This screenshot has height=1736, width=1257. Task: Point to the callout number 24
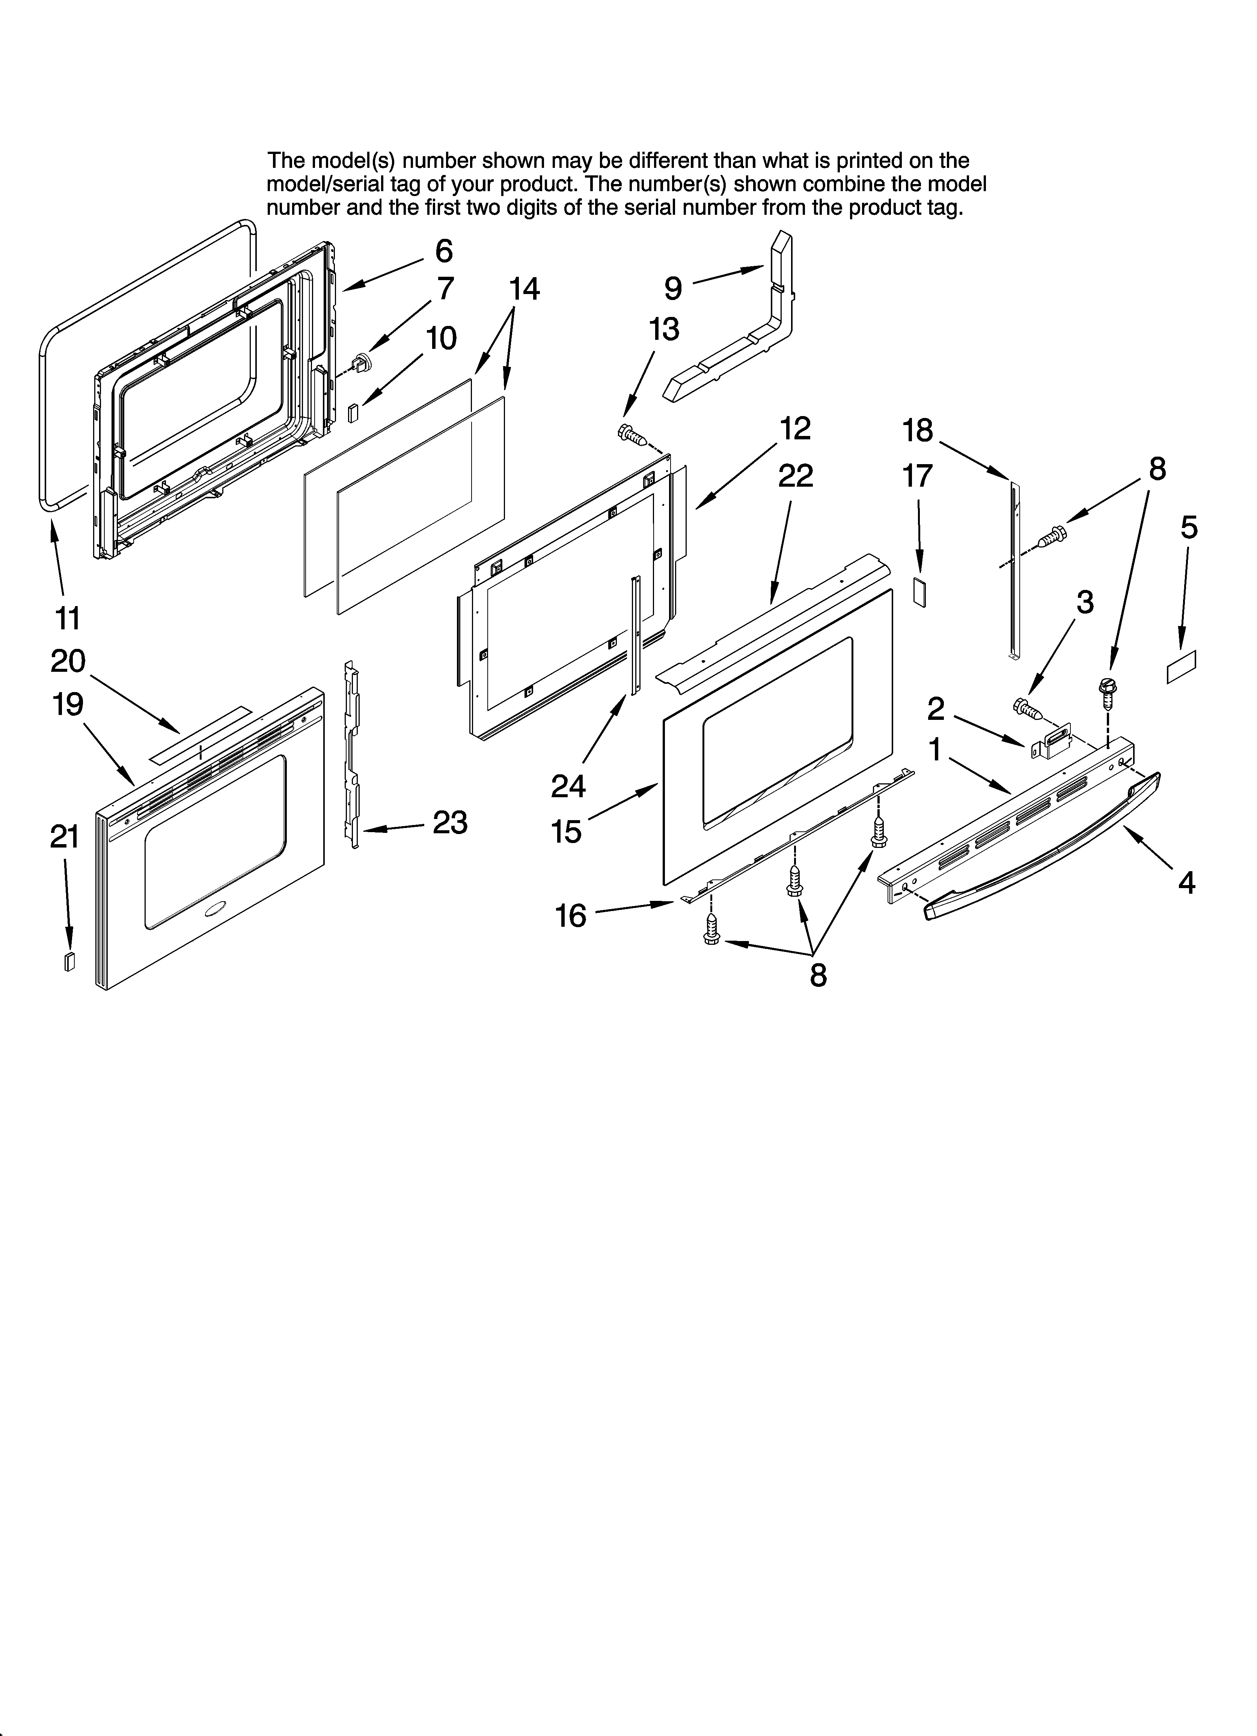[x=568, y=786]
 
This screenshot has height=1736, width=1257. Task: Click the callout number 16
[x=570, y=916]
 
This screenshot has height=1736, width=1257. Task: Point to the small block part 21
[x=70, y=961]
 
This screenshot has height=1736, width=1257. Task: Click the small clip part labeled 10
[x=353, y=413]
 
